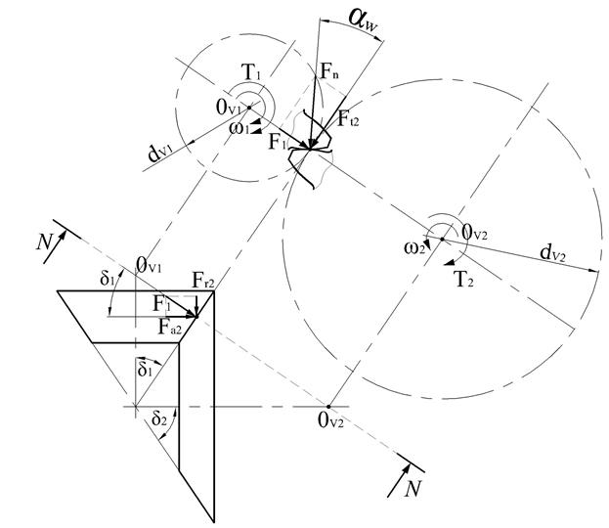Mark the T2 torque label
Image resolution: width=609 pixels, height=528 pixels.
(464, 278)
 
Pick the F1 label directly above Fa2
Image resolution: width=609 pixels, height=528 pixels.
(163, 304)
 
